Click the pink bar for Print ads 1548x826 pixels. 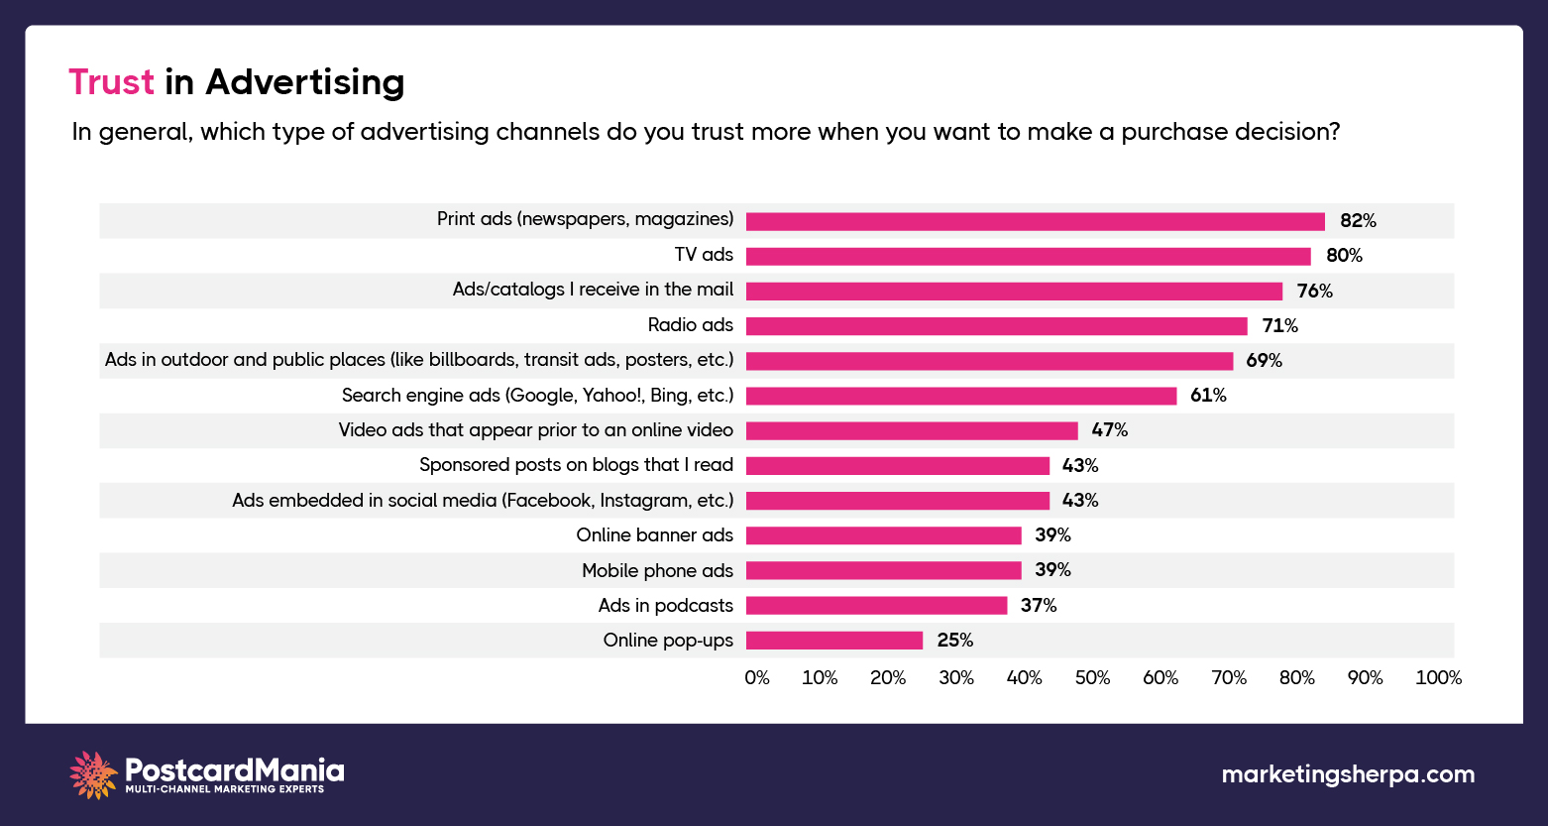tap(1035, 221)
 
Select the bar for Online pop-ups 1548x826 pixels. tap(833, 641)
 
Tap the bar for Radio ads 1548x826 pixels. tap(996, 326)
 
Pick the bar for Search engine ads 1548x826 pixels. tap(960, 396)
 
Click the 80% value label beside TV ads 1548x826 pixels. tap(1344, 256)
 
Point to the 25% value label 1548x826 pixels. tap(955, 641)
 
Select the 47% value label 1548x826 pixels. tap(1109, 430)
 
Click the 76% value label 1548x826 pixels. tap(1314, 292)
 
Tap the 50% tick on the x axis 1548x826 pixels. tap(1092, 678)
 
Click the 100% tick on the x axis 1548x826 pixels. tap(1438, 678)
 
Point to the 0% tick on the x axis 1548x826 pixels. tap(757, 678)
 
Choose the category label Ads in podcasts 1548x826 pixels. tap(665, 605)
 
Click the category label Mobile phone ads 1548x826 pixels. tap(657, 570)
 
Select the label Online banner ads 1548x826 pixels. tap(654, 535)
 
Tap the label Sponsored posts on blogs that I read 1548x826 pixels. tap(576, 465)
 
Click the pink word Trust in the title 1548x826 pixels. tap(111, 82)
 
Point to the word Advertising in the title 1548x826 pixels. tap(304, 83)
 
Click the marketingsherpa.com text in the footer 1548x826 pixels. tap(1348, 774)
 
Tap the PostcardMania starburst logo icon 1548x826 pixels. tap(93, 774)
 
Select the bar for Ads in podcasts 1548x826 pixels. tap(876, 606)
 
